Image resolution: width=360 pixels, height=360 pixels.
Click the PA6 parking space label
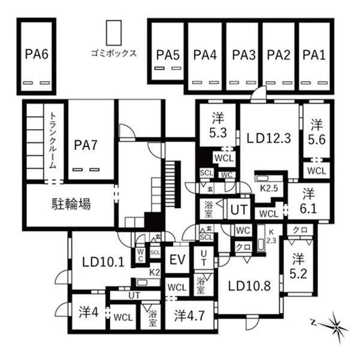pyautogui.click(x=37, y=55)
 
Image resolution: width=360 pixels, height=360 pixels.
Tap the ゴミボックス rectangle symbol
pyautogui.click(x=113, y=33)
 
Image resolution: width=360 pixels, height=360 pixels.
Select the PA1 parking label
pyautogui.click(x=314, y=55)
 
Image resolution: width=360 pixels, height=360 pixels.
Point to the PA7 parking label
pyautogui.click(x=86, y=145)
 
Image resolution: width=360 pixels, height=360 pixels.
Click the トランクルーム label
pyautogui.click(x=53, y=140)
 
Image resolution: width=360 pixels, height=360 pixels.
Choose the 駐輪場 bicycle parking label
pyautogui.click(x=71, y=204)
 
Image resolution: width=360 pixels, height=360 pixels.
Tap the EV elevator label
pyautogui.click(x=178, y=260)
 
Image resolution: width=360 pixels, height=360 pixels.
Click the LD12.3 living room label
pyautogui.click(x=269, y=138)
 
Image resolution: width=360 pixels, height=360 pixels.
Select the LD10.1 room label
pyautogui.click(x=103, y=262)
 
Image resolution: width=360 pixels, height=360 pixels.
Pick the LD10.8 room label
pyautogui.click(x=250, y=286)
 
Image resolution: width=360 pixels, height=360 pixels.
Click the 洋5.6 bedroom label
pyautogui.click(x=317, y=132)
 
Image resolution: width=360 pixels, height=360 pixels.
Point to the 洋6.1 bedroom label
pyautogui.click(x=308, y=201)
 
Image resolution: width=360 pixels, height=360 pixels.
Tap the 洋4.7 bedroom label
pyautogui.click(x=189, y=316)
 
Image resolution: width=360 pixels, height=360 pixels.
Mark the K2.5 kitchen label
pyautogui.click(x=269, y=188)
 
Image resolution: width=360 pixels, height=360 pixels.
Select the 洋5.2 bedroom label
pyautogui.click(x=298, y=266)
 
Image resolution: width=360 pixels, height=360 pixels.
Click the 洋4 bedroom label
pyautogui.click(x=89, y=312)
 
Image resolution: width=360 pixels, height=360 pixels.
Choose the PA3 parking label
pyautogui.click(x=244, y=55)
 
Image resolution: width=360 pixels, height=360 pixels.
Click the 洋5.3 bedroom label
pyautogui.click(x=218, y=125)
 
